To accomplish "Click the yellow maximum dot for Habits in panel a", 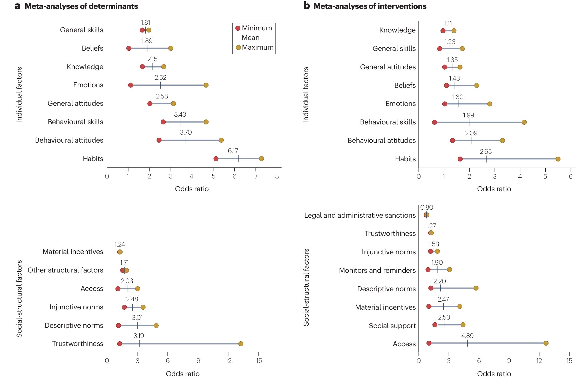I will click(261, 159).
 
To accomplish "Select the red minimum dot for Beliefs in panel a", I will click(129, 48).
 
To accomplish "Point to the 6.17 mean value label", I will click(233, 151).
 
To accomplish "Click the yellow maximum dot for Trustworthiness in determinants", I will click(241, 344).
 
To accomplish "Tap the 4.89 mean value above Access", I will click(467, 336).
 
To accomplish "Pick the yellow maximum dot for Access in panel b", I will click(546, 343).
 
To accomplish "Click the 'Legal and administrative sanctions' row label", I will click(360, 215).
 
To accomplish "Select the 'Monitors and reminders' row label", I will click(377, 270).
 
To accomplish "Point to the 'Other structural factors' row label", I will click(65, 270).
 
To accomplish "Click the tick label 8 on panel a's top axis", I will click(277, 176).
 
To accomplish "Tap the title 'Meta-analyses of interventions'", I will click(370, 6).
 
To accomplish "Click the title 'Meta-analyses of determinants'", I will click(81, 6).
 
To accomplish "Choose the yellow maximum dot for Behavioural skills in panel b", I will click(524, 122).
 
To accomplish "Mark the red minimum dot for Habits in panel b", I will click(460, 159).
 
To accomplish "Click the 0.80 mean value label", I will click(427, 208).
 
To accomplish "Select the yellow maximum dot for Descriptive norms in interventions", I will click(476, 288).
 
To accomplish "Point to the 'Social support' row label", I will click(392, 326).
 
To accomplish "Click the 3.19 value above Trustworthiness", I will click(139, 336).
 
